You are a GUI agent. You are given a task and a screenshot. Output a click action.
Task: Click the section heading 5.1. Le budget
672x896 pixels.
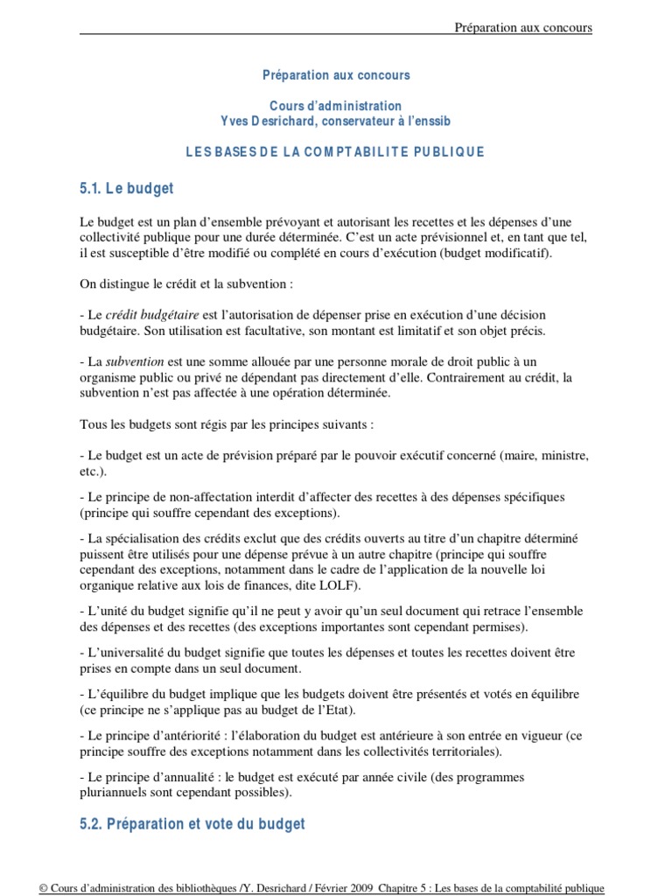pyautogui.click(x=127, y=188)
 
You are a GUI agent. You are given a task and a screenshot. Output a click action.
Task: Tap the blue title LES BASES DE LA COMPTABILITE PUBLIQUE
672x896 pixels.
pyautogui.click(x=335, y=151)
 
